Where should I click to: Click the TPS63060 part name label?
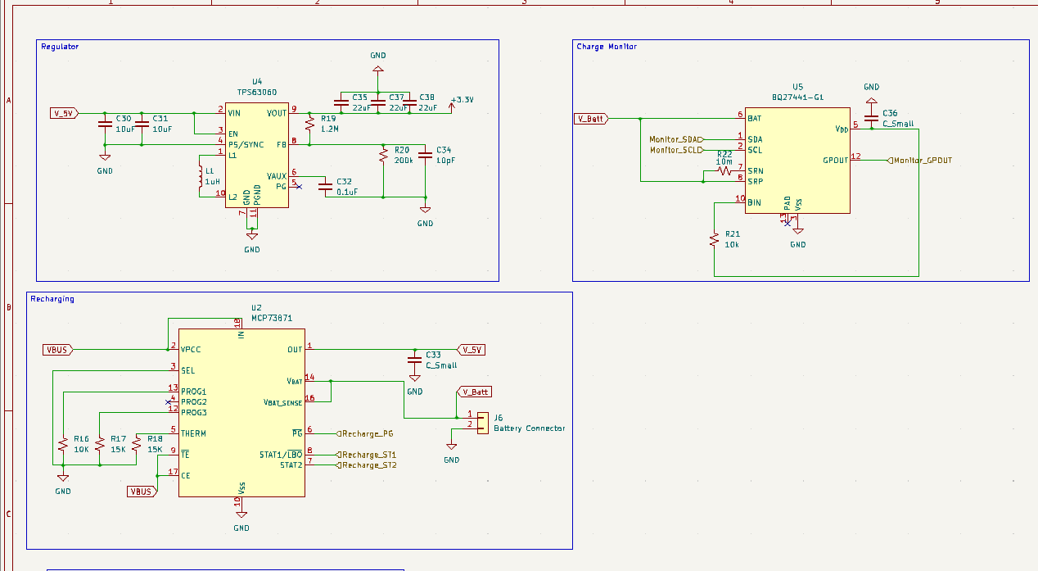pos(257,93)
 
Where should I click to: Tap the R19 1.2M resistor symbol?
pos(309,125)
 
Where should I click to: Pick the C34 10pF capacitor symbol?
pos(425,155)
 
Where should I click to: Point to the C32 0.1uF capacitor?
pos(326,187)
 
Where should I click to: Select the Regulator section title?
pos(60,47)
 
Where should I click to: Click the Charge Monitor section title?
pos(606,47)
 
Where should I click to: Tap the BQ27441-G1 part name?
pos(797,97)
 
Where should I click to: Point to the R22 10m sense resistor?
pos(724,171)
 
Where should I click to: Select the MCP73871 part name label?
pos(272,318)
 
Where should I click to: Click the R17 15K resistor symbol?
pos(100,444)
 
